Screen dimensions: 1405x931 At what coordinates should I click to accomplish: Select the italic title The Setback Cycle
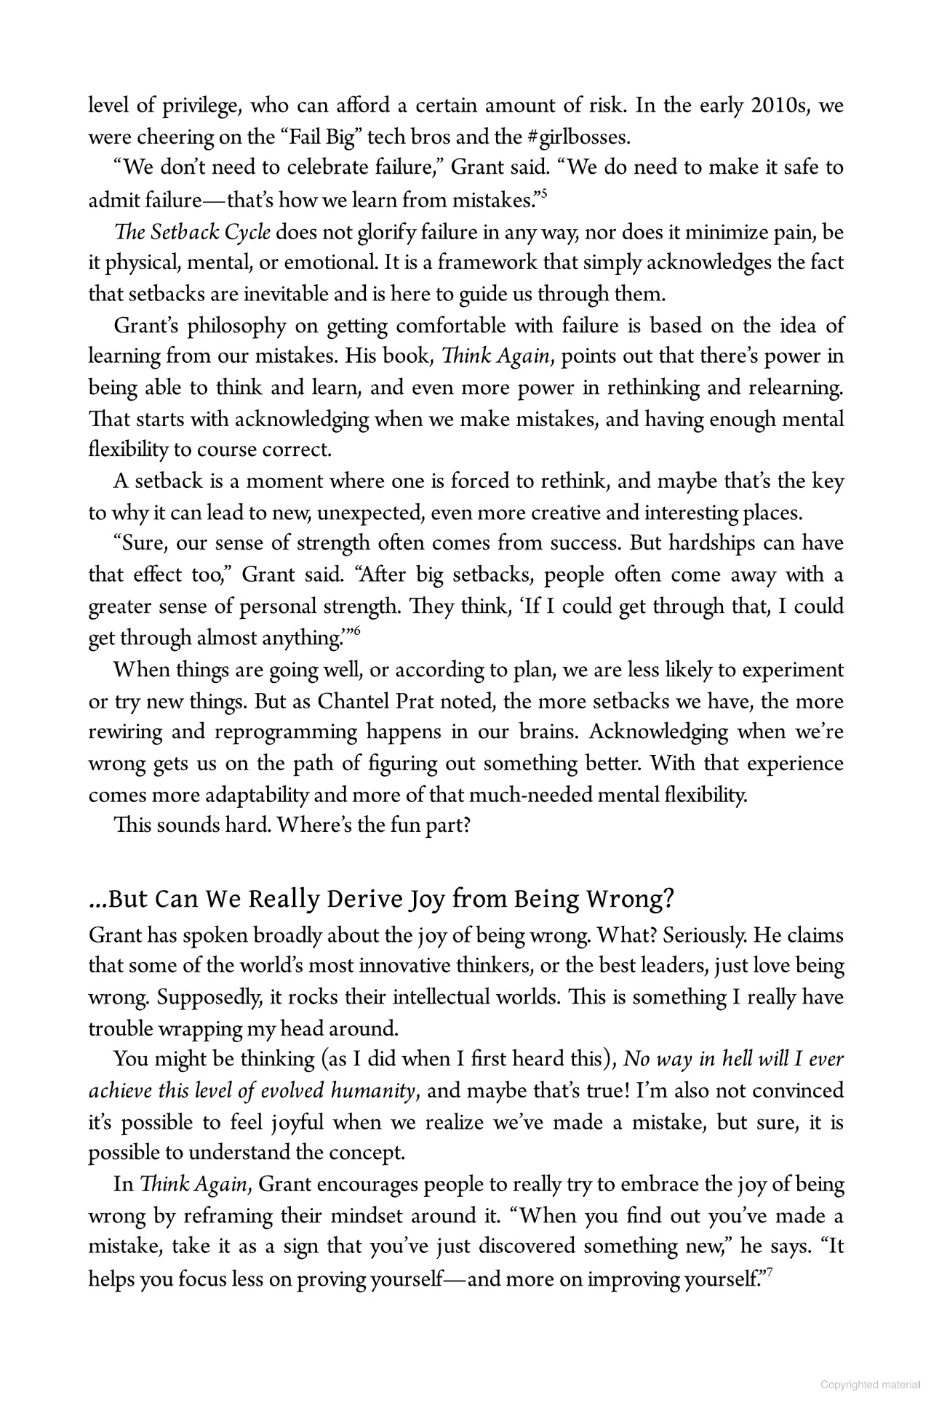tap(192, 233)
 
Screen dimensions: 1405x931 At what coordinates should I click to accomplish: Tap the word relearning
tap(798, 388)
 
